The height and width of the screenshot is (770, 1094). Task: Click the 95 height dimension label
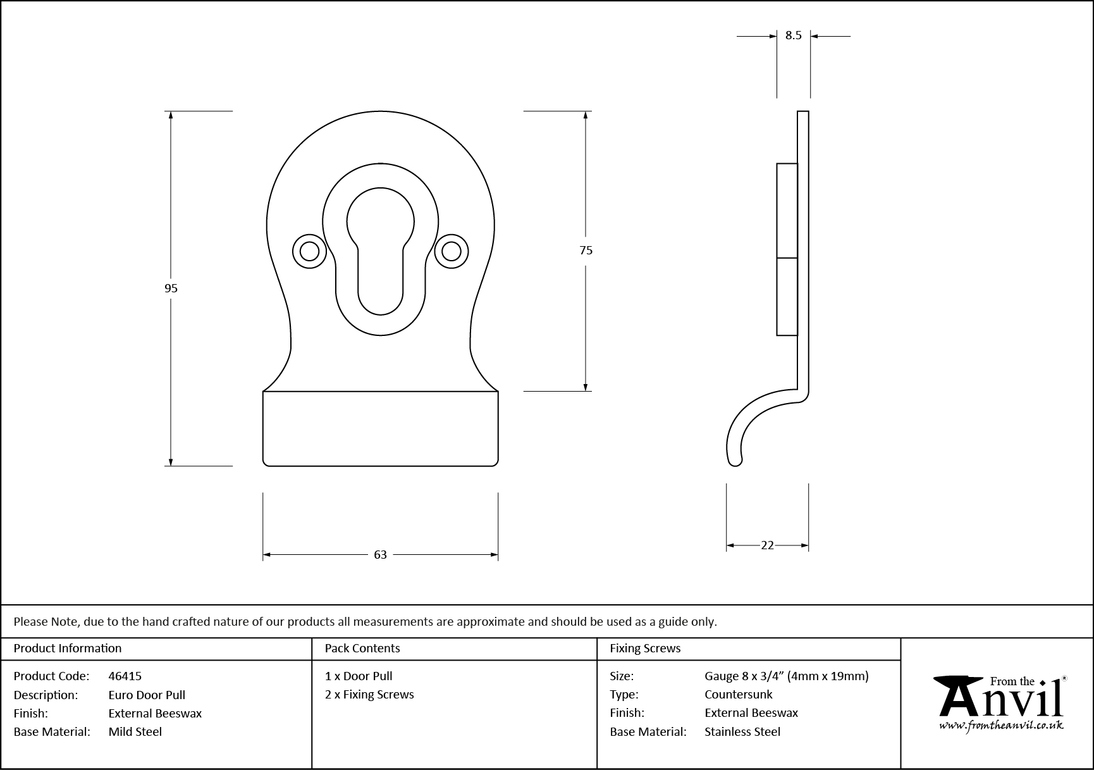click(x=171, y=289)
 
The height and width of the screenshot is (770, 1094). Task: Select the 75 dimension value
click(x=586, y=251)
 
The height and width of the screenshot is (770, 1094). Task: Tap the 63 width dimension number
click(x=380, y=555)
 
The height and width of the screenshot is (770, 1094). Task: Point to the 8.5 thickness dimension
click(x=793, y=36)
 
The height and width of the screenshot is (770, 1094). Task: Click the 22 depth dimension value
click(x=767, y=545)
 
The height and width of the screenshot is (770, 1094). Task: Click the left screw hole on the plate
click(x=309, y=251)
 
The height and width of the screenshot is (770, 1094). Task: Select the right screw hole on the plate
click(x=451, y=251)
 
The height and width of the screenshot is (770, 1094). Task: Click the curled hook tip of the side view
click(x=735, y=459)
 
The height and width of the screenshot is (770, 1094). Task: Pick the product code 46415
click(x=125, y=676)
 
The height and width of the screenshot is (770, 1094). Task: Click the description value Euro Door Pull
click(x=147, y=695)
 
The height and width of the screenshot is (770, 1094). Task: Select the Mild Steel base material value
click(x=135, y=732)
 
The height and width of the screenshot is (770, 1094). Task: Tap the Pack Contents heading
click(x=362, y=649)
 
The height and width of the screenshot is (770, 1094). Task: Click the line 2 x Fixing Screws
click(x=369, y=695)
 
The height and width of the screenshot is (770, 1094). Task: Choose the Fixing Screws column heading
click(x=645, y=649)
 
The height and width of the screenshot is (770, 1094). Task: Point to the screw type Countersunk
click(x=739, y=695)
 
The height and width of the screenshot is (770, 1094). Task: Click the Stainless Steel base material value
click(x=742, y=732)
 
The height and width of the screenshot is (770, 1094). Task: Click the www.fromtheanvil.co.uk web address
click(x=1001, y=726)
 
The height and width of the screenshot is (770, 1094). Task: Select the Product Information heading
click(x=68, y=649)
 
